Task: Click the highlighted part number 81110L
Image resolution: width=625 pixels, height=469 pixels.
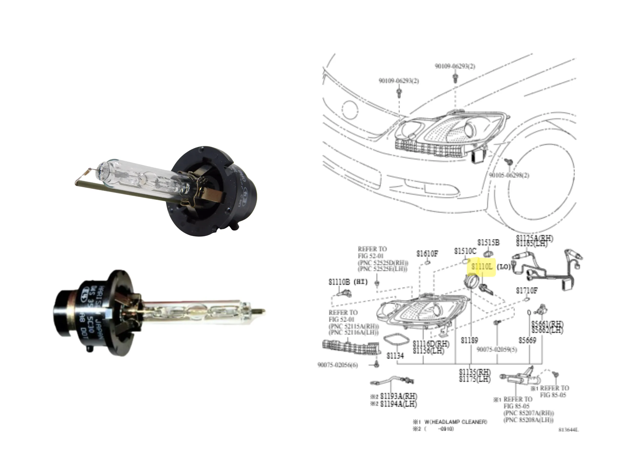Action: pyautogui.click(x=482, y=266)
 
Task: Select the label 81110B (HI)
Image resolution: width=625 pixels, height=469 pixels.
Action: pyautogui.click(x=348, y=282)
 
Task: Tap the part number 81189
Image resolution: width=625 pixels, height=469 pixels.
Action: pyautogui.click(x=469, y=340)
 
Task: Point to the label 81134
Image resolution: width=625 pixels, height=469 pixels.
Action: pyautogui.click(x=395, y=356)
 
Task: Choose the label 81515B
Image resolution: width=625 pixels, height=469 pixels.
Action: pyautogui.click(x=489, y=243)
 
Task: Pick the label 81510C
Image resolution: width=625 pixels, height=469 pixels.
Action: pyautogui.click(x=465, y=251)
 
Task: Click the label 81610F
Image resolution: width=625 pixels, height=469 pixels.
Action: pyautogui.click(x=427, y=254)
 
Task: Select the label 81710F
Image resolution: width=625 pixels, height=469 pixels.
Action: pyautogui.click(x=527, y=290)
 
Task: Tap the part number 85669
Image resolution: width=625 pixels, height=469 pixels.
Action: pyautogui.click(x=528, y=340)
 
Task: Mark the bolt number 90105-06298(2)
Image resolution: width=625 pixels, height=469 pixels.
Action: pyautogui.click(x=509, y=175)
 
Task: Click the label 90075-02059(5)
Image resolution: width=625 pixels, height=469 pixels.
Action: pyautogui.click(x=497, y=350)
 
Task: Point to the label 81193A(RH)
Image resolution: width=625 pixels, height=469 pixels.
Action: pyautogui.click(x=398, y=396)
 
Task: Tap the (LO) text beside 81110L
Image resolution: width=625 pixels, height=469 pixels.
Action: pyautogui.click(x=503, y=266)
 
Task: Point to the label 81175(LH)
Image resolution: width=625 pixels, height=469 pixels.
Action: pyautogui.click(x=475, y=379)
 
